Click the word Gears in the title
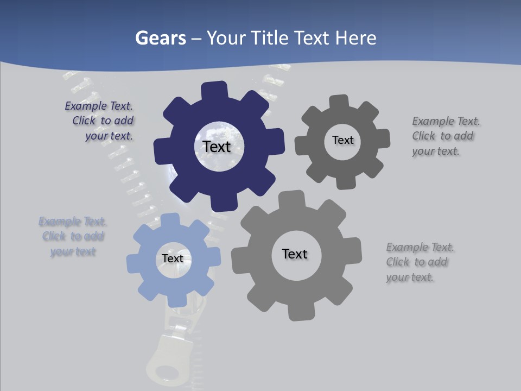pyautogui.click(x=160, y=38)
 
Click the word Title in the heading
pyautogui.click(x=269, y=38)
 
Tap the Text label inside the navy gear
pyautogui.click(x=217, y=147)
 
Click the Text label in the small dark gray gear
pyautogui.click(x=342, y=140)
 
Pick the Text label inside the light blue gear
pyautogui.click(x=173, y=258)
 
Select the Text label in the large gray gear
pyautogui.click(x=295, y=254)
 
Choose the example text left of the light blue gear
pyautogui.click(x=73, y=236)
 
